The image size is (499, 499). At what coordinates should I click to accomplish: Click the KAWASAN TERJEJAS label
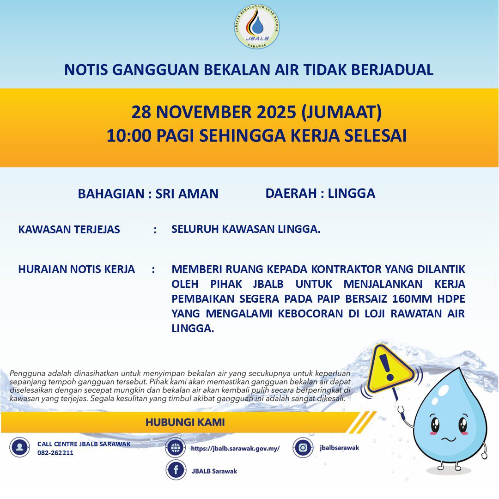(x=69, y=229)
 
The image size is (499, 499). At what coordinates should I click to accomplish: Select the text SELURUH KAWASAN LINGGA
(x=245, y=229)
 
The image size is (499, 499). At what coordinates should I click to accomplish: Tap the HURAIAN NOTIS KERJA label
(x=77, y=269)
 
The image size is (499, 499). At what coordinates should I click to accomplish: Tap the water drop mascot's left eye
(x=435, y=423)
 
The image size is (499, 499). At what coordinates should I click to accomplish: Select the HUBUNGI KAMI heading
(x=185, y=422)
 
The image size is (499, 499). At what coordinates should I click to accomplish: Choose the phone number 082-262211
(x=55, y=453)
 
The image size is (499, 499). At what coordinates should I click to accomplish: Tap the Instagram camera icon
(x=303, y=448)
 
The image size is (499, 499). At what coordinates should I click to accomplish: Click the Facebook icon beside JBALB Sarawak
(x=176, y=470)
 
